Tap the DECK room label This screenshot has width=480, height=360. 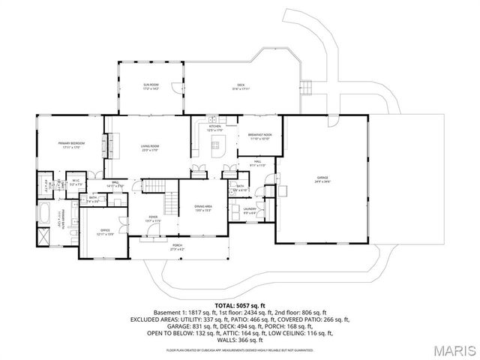click(240, 86)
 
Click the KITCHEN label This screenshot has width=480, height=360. click(214, 129)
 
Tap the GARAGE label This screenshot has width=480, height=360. click(322, 179)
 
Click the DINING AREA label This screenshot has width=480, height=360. click(203, 208)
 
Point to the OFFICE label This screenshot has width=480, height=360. click(105, 232)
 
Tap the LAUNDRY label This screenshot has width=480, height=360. click(250, 211)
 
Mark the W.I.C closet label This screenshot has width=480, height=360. click(76, 182)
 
